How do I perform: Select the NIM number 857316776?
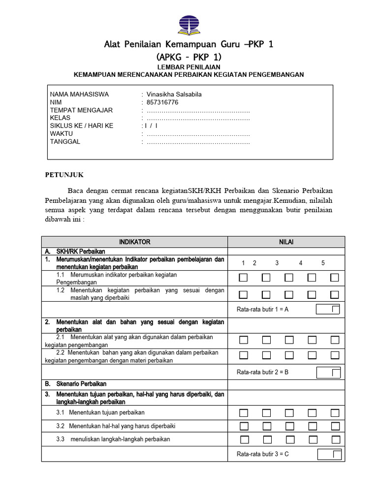tap(162, 102)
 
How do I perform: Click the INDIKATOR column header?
tap(134, 242)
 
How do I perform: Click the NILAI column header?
tap(286, 242)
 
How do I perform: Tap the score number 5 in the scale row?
tap(323, 263)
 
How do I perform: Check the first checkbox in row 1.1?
tap(243, 278)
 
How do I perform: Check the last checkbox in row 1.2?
tap(335, 295)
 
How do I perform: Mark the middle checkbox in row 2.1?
tap(289, 340)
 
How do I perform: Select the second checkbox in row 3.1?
tap(266, 412)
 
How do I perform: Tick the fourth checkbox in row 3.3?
tap(312, 440)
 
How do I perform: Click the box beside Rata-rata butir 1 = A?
tap(328, 309)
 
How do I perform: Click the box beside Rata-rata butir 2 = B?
tap(328, 372)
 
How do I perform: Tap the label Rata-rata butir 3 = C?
tap(263, 454)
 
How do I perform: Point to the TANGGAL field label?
tap(65, 142)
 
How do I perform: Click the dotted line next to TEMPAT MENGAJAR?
tap(198, 110)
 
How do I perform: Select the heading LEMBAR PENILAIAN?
tap(189, 67)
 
